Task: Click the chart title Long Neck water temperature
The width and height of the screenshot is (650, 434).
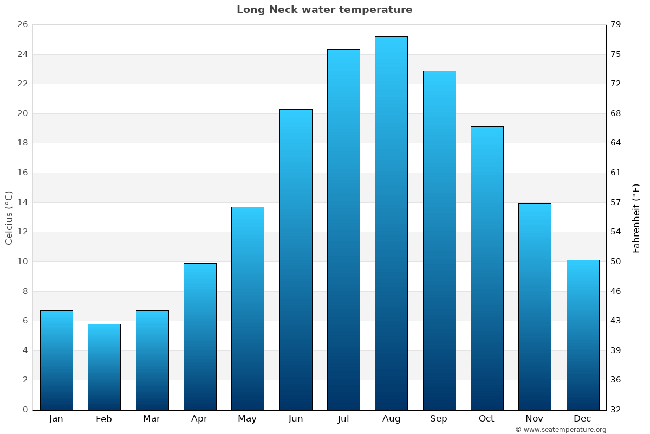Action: tap(324, 10)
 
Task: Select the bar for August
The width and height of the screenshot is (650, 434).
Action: tap(391, 222)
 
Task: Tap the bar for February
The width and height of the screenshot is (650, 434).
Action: tap(104, 367)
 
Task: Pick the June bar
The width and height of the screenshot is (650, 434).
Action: tap(296, 259)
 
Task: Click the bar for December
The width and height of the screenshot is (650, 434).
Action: tap(583, 335)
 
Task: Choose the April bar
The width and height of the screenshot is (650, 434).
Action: tap(200, 336)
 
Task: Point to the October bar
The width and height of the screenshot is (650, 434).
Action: tap(487, 268)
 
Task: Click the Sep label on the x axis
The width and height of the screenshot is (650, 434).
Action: tap(439, 419)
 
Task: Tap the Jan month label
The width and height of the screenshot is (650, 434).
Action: tap(56, 419)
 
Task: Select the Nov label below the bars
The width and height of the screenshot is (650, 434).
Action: tap(535, 419)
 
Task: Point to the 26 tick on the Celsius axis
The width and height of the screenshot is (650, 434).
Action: tap(22, 24)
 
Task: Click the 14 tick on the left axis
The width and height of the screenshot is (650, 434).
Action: tap(22, 202)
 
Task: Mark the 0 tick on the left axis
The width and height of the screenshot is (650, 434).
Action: tap(25, 410)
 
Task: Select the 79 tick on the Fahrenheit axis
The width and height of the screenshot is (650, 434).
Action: tap(616, 24)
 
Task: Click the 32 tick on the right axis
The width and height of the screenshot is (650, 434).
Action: tap(616, 410)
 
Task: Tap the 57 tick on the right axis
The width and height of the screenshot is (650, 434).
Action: tap(616, 202)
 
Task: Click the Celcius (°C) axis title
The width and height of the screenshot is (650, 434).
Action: tap(9, 217)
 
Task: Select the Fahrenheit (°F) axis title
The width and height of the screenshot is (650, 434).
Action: tap(636, 218)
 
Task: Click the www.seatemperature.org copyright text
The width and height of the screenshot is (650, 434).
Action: tap(561, 430)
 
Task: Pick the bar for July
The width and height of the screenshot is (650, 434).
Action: tap(343, 229)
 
